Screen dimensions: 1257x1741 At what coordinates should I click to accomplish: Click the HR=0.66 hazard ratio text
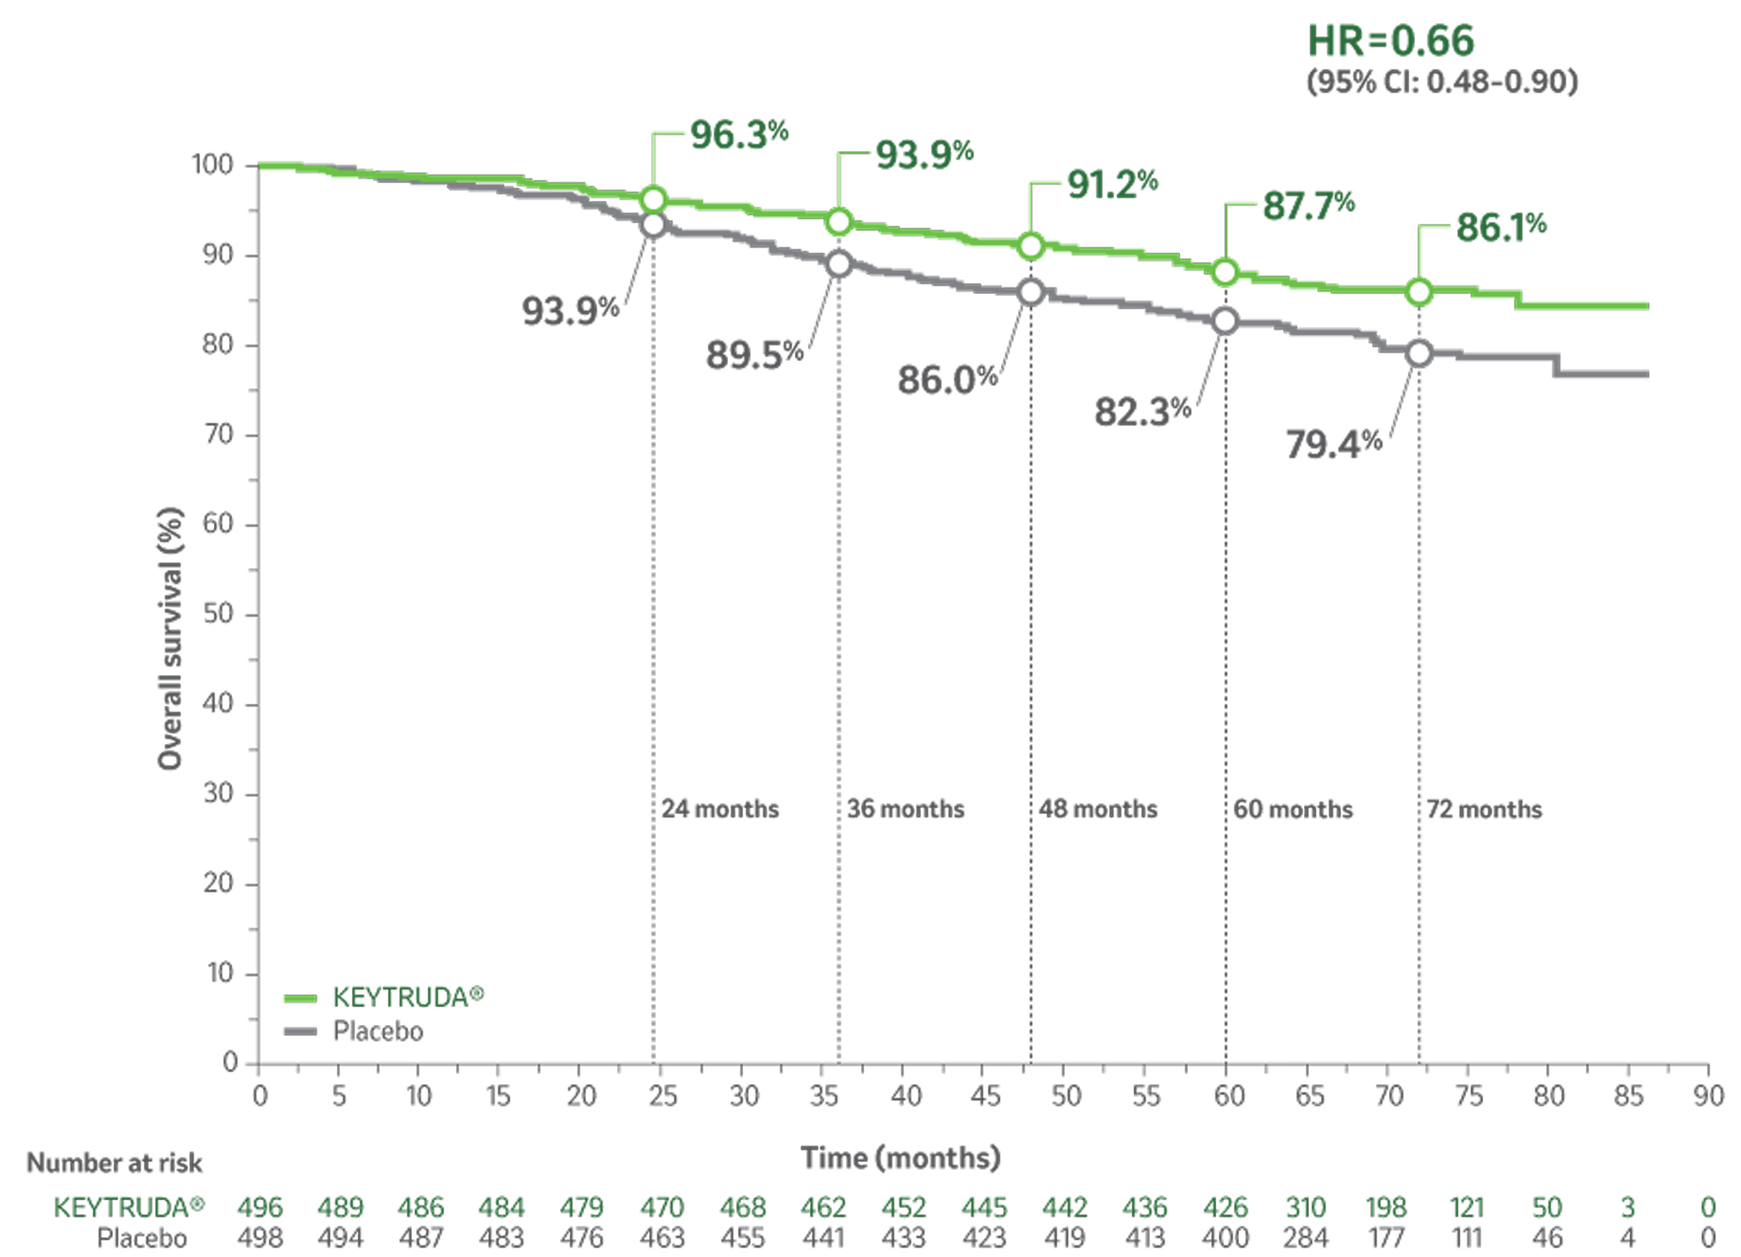1390,42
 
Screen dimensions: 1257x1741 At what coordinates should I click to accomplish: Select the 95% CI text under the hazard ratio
1441,82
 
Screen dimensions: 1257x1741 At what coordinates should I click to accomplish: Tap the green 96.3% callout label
739,135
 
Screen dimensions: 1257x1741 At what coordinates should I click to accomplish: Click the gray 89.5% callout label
754,354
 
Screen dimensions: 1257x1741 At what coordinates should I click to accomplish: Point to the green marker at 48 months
1031,246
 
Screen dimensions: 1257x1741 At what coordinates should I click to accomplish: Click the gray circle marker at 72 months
1419,353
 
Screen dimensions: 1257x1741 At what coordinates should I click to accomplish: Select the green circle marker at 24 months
653,200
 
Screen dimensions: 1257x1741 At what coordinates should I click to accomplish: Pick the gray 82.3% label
1141,411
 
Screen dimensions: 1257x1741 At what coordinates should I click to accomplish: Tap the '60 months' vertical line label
1292,810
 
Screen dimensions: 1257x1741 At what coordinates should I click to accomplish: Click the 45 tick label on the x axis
986,1096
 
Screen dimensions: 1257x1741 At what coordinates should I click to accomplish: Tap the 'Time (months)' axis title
901,1157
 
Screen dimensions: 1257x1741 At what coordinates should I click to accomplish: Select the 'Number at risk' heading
115,1163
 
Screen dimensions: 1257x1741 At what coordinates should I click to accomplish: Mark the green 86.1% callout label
1500,228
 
